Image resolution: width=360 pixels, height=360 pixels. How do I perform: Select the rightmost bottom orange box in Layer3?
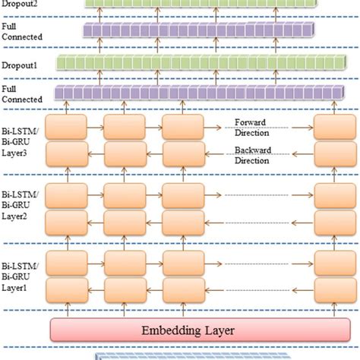(x=331, y=155)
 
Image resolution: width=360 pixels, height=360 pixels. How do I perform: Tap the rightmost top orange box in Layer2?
(x=331, y=193)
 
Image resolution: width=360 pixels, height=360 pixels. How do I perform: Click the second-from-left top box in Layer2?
(x=125, y=193)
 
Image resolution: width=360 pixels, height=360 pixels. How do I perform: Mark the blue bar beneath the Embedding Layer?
(x=220, y=355)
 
